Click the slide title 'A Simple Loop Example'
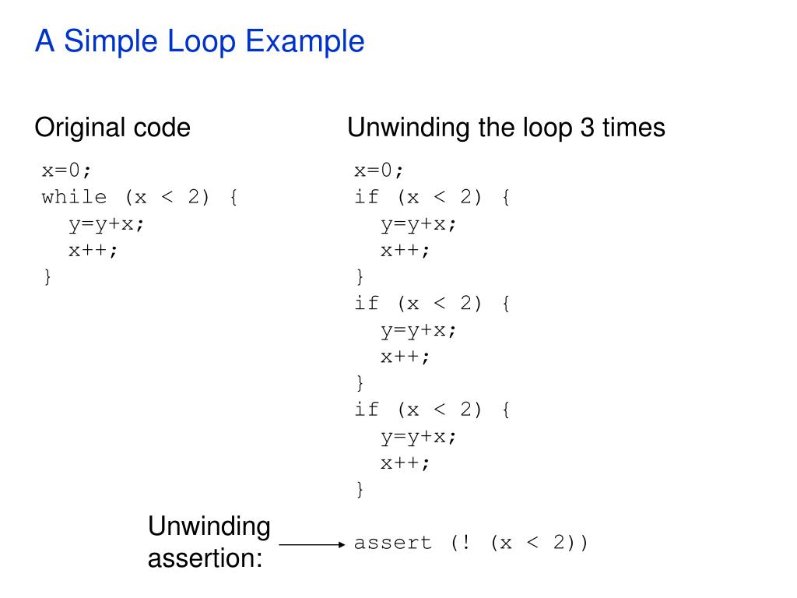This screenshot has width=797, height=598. (199, 41)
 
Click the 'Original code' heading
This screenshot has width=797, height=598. (112, 127)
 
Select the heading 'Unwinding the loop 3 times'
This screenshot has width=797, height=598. (506, 127)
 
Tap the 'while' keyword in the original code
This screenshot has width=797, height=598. (75, 197)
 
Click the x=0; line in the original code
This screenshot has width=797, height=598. (72, 171)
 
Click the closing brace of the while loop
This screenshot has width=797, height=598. (47, 276)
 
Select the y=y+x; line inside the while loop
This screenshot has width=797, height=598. (107, 223)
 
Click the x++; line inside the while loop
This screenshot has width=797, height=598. (93, 250)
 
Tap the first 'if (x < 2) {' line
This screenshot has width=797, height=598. (432, 197)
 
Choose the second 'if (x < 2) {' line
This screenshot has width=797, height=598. (432, 303)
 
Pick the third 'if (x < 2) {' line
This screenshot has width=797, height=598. (432, 409)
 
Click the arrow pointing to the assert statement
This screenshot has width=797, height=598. (311, 545)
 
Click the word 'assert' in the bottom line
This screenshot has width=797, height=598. (393, 543)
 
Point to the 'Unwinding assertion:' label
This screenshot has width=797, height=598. (209, 542)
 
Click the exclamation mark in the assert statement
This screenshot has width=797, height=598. (466, 543)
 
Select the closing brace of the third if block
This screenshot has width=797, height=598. (360, 489)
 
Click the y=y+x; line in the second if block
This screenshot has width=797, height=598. (419, 329)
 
